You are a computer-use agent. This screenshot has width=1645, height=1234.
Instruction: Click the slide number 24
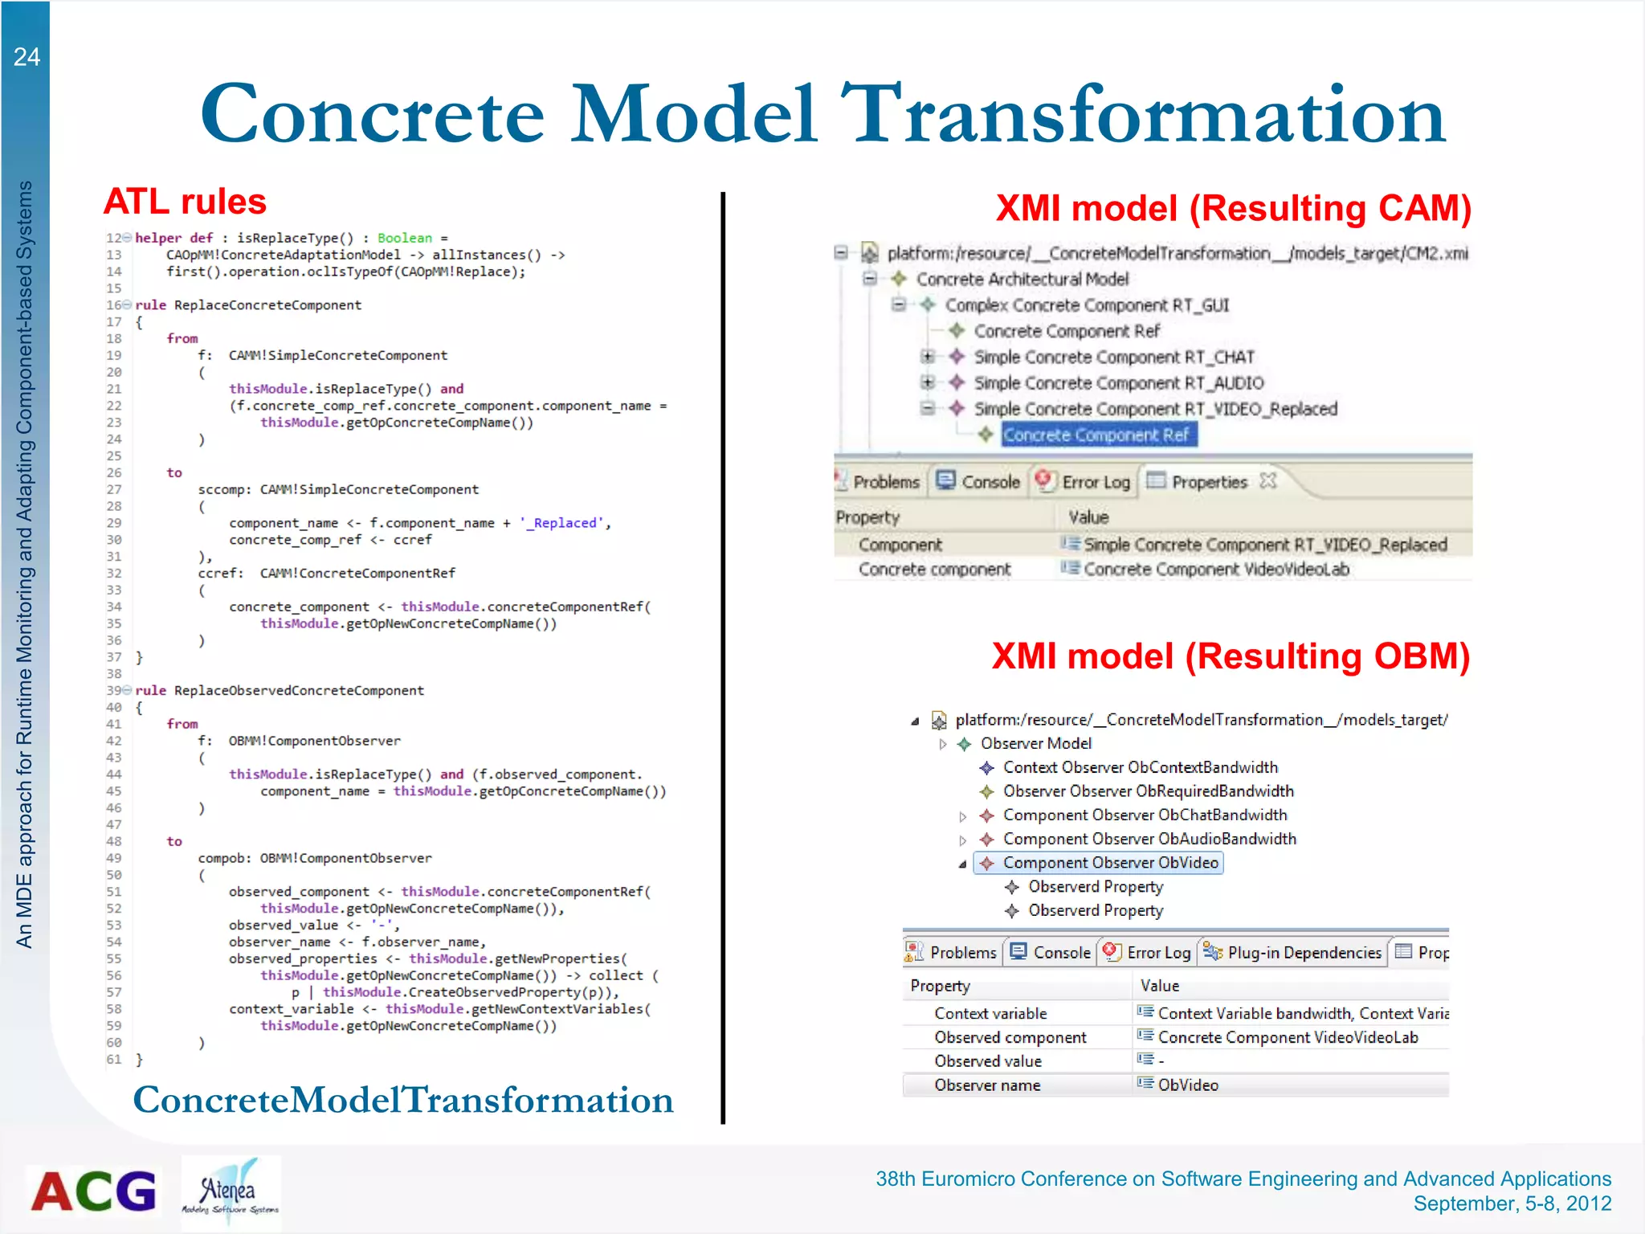pyautogui.click(x=27, y=57)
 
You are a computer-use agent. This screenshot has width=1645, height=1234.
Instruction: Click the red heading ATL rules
pyautogui.click(x=185, y=202)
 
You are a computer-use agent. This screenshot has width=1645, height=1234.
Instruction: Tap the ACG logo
pyautogui.click(x=94, y=1191)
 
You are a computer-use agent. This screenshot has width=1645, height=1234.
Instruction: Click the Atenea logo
pyautogui.click(x=231, y=1192)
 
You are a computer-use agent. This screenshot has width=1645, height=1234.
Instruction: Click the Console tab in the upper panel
pyautogui.click(x=979, y=481)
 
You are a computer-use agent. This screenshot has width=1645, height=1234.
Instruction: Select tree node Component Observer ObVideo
pyautogui.click(x=1110, y=863)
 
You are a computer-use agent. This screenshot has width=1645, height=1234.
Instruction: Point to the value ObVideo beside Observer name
pyautogui.click(x=1188, y=1085)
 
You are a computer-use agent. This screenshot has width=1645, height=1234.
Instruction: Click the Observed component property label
pyautogui.click(x=1010, y=1037)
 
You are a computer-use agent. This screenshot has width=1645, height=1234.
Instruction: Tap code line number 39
pyautogui.click(x=113, y=691)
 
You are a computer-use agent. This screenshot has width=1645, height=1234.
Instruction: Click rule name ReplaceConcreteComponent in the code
pyautogui.click(x=267, y=305)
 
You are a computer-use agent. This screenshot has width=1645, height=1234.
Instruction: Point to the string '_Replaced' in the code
pyautogui.click(x=561, y=523)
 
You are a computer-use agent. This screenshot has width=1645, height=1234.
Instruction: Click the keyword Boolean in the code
pyautogui.click(x=404, y=238)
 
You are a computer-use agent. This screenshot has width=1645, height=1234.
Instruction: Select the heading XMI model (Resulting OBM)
pyautogui.click(x=1231, y=656)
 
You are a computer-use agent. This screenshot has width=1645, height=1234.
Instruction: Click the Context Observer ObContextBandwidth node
pyautogui.click(x=1140, y=767)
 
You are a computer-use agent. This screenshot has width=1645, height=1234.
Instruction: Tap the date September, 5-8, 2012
pyautogui.click(x=1512, y=1203)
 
